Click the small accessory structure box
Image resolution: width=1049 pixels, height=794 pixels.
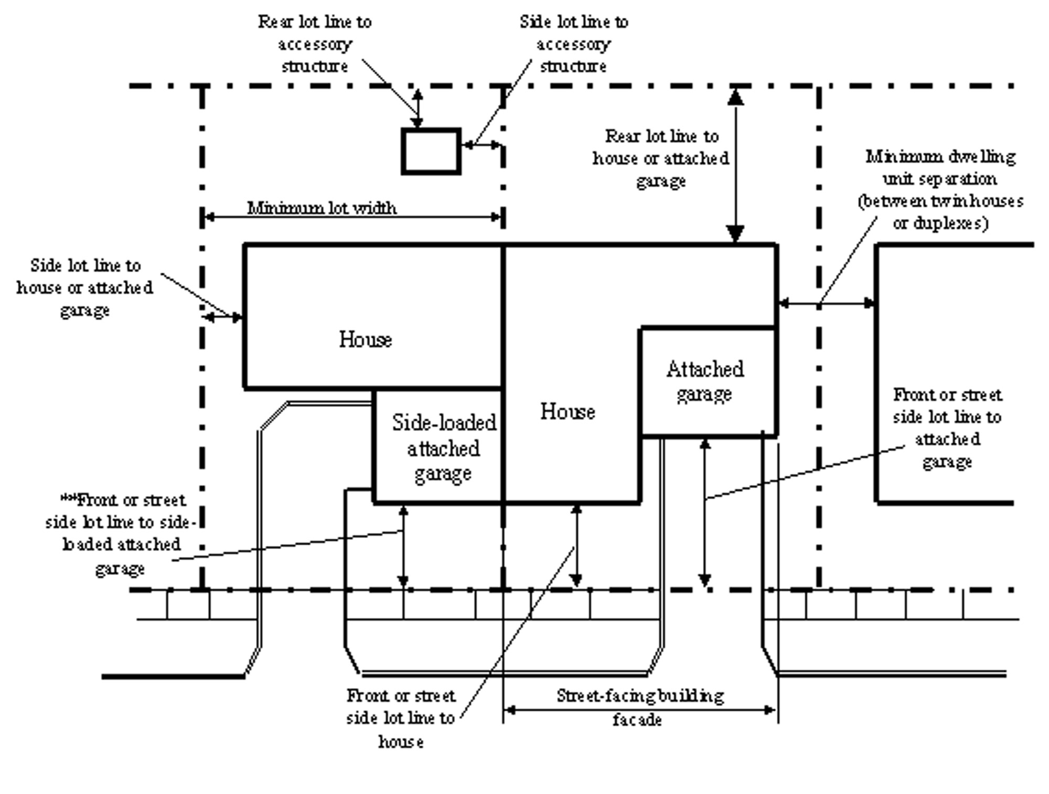[x=431, y=151]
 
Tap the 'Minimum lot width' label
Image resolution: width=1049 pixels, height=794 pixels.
[x=322, y=208]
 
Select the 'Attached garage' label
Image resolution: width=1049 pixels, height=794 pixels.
[x=705, y=381]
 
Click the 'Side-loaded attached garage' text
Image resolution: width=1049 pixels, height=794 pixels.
[x=444, y=448]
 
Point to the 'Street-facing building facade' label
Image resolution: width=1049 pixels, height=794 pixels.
[x=640, y=707]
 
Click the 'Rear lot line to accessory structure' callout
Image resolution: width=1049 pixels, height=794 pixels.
[x=315, y=44]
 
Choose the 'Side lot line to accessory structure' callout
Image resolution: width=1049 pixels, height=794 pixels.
[x=574, y=44]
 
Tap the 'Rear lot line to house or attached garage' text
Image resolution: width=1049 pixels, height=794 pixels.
[x=661, y=158]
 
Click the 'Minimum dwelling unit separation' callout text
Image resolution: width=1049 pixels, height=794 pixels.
[x=940, y=190]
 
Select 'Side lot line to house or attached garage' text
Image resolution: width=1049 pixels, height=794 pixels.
[x=85, y=288]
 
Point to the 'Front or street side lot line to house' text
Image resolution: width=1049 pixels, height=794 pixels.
[x=401, y=718]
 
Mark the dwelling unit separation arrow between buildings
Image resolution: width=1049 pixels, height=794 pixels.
[x=827, y=303]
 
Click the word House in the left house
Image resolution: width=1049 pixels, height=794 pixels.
[x=365, y=339]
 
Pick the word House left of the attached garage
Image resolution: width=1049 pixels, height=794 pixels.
[x=568, y=412]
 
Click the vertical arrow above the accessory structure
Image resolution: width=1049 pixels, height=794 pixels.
[x=418, y=109]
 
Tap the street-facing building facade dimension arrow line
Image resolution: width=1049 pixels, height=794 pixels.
[x=640, y=710]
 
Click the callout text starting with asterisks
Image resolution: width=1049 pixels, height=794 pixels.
[x=121, y=533]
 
